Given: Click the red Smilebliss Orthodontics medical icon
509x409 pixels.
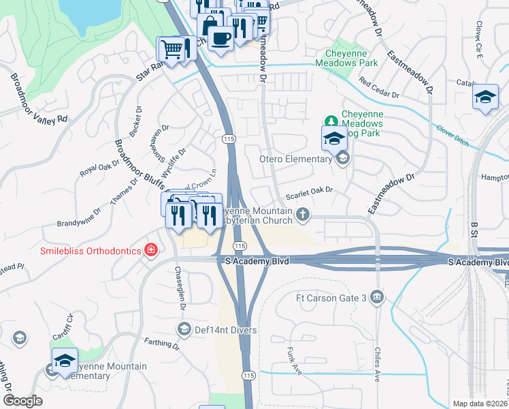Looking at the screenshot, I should (x=150, y=250).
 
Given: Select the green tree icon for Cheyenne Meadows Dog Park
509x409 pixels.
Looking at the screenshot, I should (x=331, y=121).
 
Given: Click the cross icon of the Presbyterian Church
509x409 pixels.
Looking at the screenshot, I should (x=303, y=216).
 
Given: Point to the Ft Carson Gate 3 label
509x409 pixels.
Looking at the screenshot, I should (x=331, y=297).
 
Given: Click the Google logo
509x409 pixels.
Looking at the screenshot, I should (x=22, y=400).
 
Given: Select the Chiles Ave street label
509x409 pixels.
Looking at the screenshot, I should (x=378, y=364).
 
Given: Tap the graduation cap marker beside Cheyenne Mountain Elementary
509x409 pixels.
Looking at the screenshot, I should (x=65, y=361).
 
